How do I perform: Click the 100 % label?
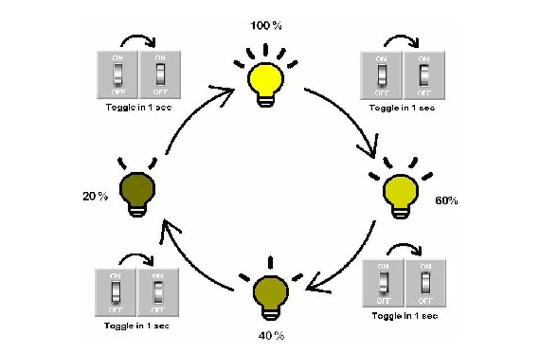point(266,25)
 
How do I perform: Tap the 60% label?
point(446,200)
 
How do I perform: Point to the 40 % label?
point(271,336)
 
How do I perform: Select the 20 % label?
point(96,196)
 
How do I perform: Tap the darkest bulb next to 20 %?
point(137,191)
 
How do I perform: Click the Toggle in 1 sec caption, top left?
point(138,106)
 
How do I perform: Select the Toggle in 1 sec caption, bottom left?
point(137,326)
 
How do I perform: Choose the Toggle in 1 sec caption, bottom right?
point(404,316)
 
